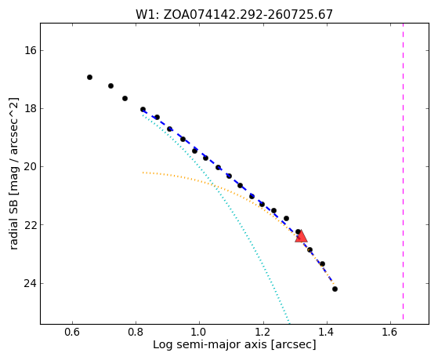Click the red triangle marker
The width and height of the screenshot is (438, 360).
point(301,237)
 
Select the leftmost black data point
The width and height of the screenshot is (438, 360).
point(89,77)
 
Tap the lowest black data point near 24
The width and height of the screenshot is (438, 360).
point(335,289)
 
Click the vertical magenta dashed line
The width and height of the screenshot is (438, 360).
point(403,171)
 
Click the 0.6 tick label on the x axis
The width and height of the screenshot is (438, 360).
point(72,333)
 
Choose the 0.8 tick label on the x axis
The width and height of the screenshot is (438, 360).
point(136,333)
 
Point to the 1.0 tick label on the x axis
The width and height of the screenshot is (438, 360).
point(199,333)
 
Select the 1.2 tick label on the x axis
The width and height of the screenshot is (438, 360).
point(262,333)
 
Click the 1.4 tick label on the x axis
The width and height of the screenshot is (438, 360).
point(326,333)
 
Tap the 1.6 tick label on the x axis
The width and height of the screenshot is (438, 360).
point(390,333)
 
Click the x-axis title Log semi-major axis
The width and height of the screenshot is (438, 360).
point(234,345)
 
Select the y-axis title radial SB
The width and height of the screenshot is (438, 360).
point(13,173)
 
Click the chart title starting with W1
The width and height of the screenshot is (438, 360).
point(234,14)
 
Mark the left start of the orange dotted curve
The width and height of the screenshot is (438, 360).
point(143,173)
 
